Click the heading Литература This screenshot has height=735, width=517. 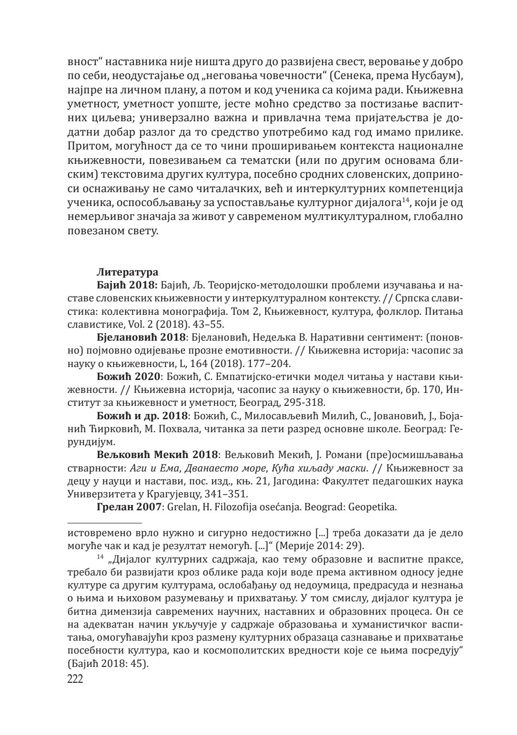pyautogui.click(x=127, y=272)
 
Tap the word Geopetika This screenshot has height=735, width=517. pyautogui.click(x=373, y=506)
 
